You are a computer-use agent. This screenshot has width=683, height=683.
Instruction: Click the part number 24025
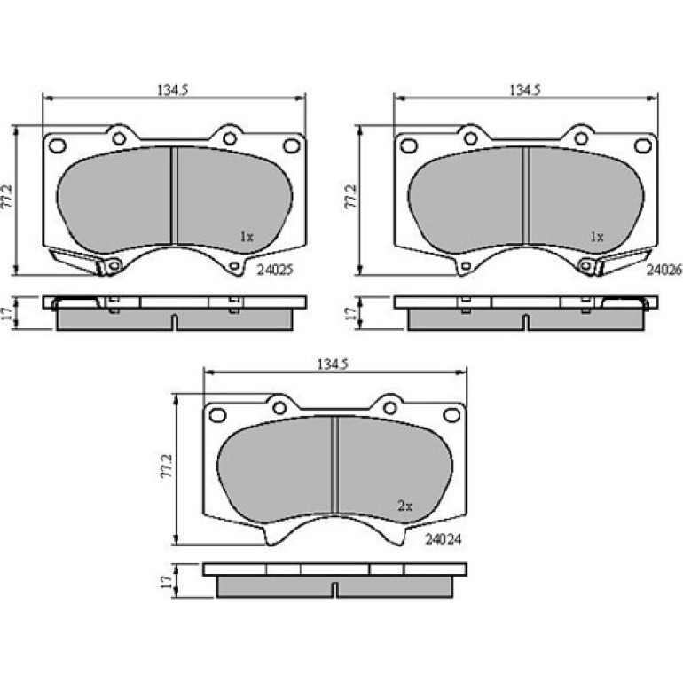[275, 270]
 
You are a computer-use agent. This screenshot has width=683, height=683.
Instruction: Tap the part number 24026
[663, 270]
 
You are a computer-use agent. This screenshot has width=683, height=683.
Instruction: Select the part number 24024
[443, 539]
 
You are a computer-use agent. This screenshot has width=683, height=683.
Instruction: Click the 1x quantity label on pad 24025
[246, 237]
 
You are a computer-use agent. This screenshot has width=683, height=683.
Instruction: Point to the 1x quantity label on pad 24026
[597, 237]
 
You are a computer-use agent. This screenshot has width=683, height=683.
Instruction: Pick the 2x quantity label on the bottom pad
[404, 506]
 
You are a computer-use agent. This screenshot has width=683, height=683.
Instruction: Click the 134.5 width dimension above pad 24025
[172, 90]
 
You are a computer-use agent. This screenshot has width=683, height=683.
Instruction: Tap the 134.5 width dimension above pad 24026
[525, 90]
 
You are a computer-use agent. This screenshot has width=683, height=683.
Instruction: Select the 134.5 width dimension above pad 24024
[334, 365]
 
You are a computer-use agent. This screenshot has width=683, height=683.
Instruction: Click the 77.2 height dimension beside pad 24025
[7, 197]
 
